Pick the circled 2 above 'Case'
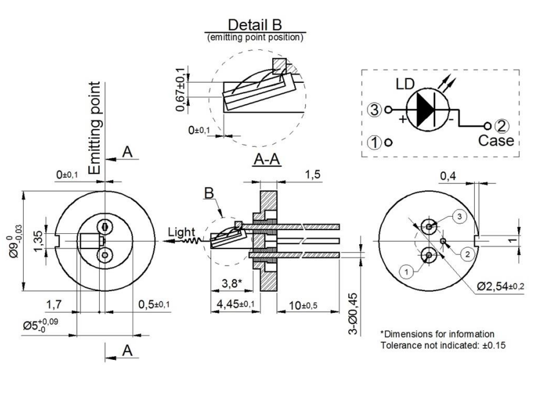[502, 127]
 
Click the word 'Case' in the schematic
[496, 141]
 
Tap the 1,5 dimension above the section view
[312, 175]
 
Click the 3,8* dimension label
[230, 283]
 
